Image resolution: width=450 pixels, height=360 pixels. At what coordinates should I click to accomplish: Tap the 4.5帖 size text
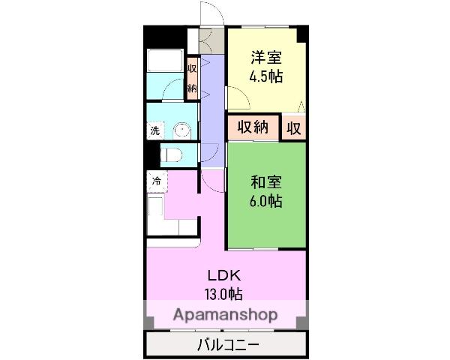[266, 75]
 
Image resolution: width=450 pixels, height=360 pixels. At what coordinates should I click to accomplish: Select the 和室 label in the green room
[266, 181]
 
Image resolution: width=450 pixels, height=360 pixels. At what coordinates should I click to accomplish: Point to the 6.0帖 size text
[266, 201]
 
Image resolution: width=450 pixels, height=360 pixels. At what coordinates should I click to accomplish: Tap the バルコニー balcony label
[228, 345]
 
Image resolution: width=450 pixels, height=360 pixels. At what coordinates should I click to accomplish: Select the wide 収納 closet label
[253, 127]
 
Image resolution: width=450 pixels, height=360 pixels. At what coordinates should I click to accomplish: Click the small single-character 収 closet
[293, 127]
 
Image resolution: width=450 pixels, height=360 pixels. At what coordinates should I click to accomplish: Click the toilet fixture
[173, 155]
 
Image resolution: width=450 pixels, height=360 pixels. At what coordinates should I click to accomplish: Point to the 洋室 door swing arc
[238, 96]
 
